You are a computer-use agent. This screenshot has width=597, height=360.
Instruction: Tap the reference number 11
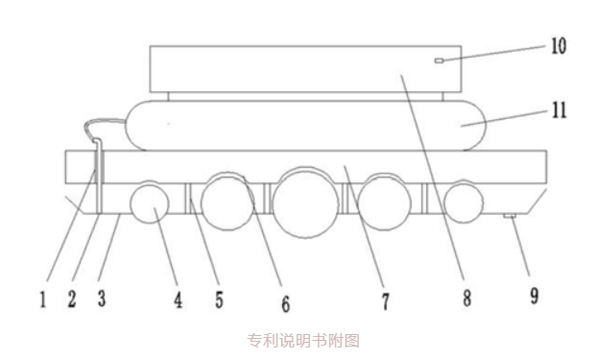pos(558,111)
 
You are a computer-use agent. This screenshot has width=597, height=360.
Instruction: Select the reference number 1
pos(43,300)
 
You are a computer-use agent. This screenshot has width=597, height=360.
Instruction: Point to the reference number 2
pos(71,300)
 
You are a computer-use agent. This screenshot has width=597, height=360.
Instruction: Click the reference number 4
pos(179,301)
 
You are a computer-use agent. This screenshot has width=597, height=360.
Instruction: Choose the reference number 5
pos(219,300)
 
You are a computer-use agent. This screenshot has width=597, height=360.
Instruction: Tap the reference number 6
pos(285,303)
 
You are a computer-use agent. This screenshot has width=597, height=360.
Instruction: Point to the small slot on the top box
pos(438,60)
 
